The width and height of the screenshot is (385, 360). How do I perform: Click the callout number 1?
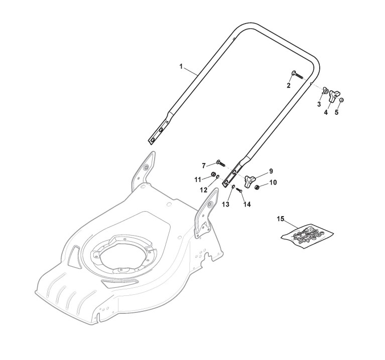point(181,66)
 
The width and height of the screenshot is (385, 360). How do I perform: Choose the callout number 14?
point(245,204)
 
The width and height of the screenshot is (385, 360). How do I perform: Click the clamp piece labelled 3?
point(326,91)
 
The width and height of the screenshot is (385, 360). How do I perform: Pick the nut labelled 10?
point(258,187)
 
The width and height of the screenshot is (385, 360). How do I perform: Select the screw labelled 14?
point(239,191)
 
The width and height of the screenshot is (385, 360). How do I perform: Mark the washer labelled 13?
point(233,187)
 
